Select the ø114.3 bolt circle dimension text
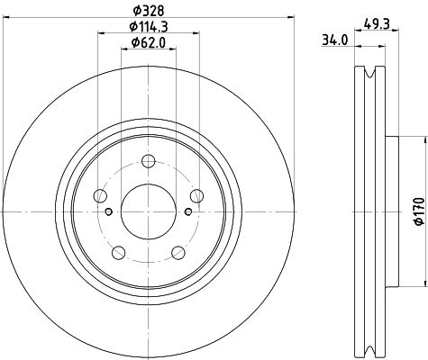coord(148,28)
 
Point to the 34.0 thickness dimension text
coord(333,39)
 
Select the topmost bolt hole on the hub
coord(148,161)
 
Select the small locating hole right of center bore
coord(187,212)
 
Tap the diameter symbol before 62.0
coord(132,42)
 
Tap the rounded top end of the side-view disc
coord(369,72)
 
